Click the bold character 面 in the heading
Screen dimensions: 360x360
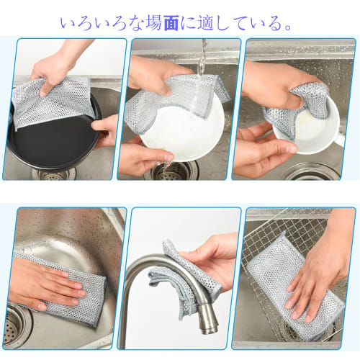171,24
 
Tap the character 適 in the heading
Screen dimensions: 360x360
206,24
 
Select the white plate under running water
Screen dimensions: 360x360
182,135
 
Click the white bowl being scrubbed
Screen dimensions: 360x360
310,127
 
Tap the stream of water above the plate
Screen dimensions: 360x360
202,58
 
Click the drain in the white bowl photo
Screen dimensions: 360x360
311,171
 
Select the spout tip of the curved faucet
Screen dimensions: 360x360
210,330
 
